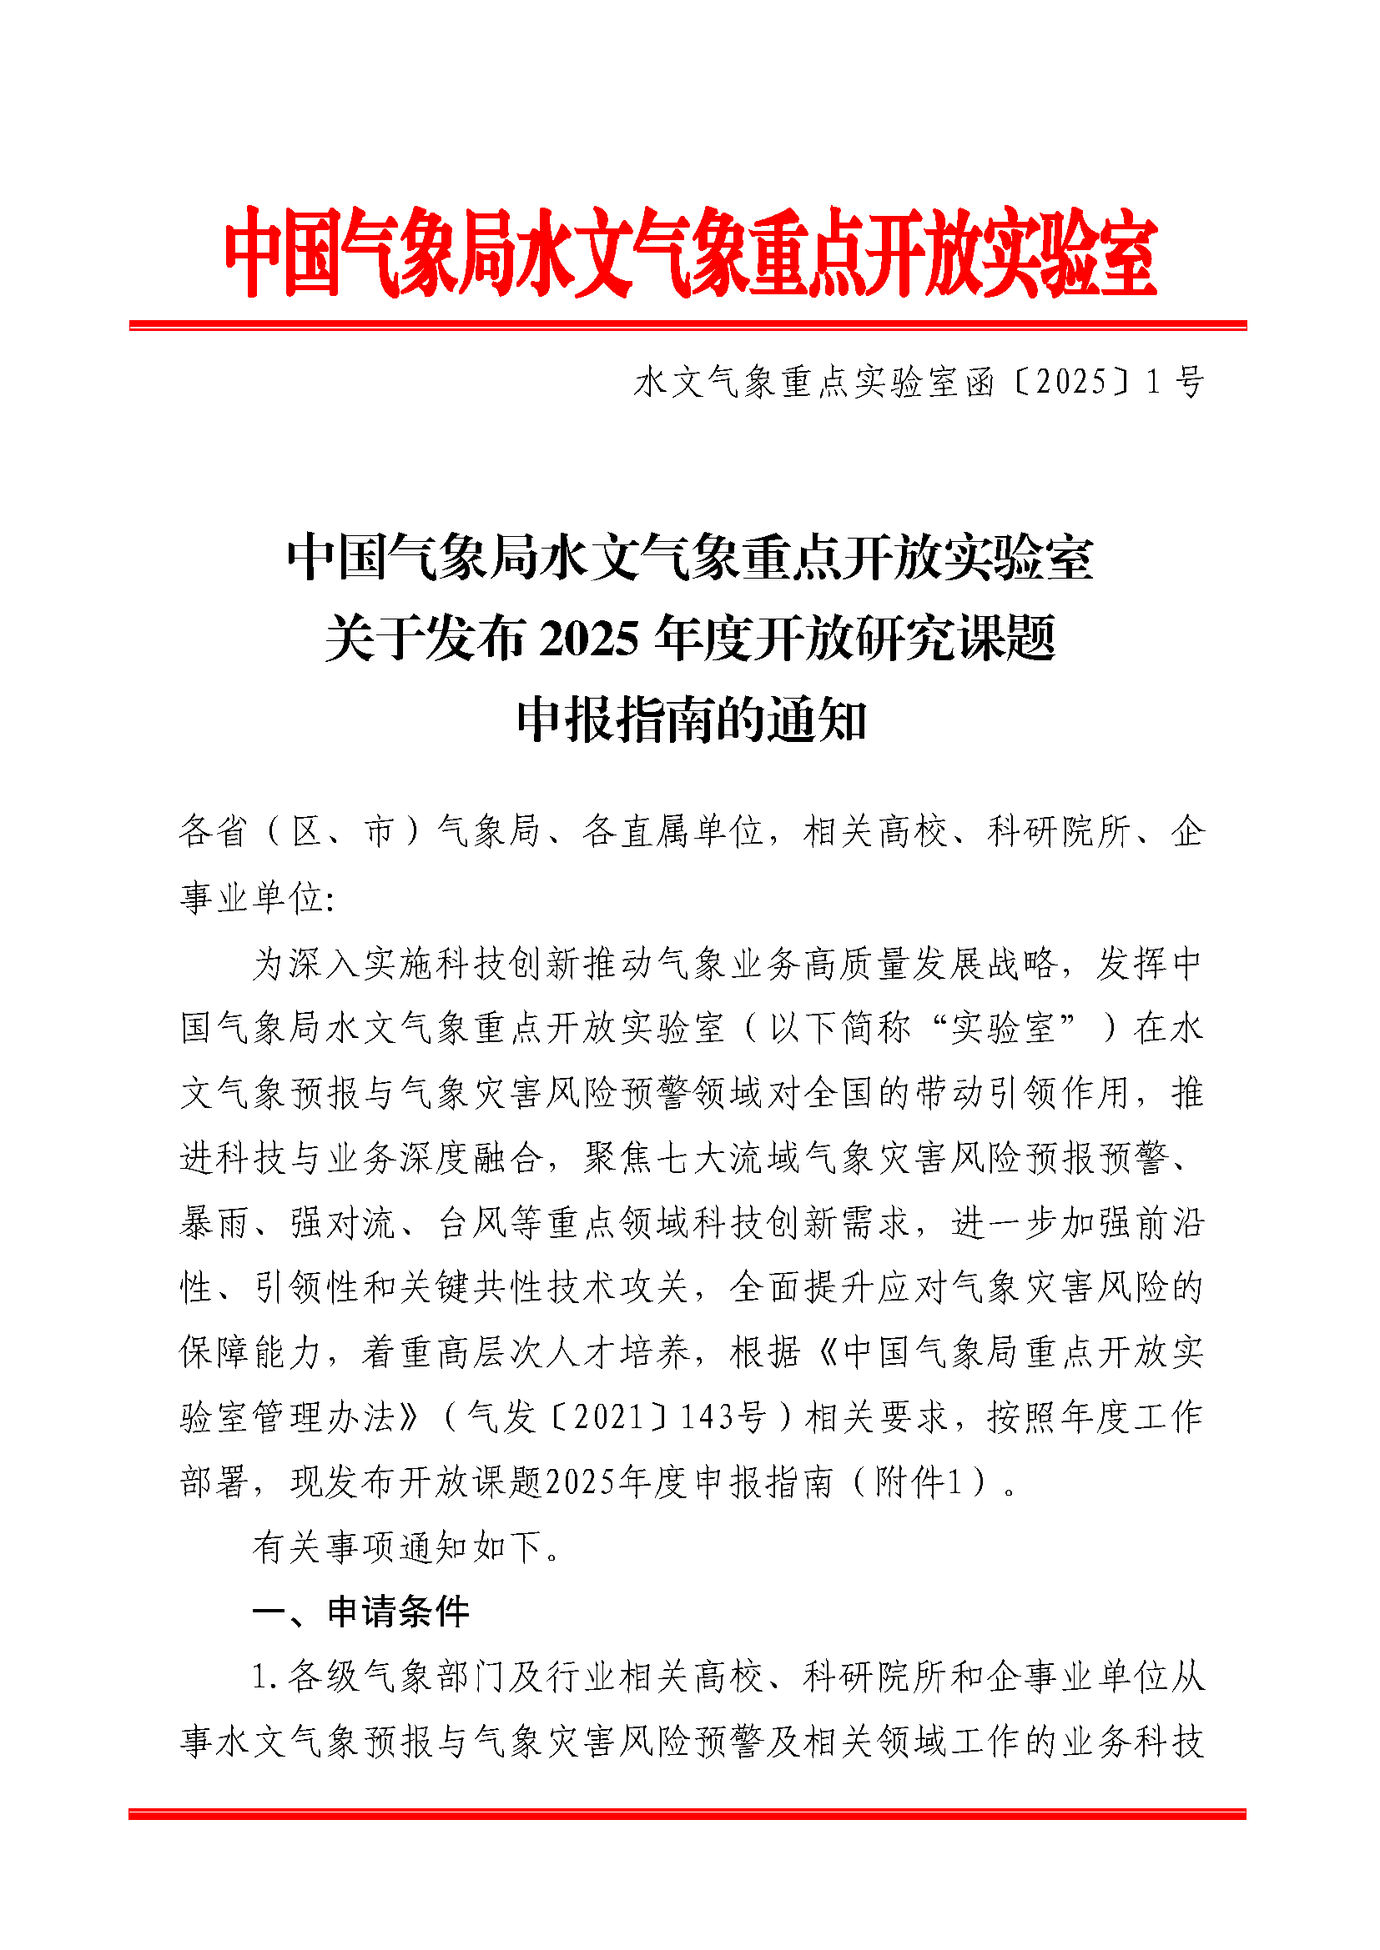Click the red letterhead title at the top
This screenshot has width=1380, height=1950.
(690, 253)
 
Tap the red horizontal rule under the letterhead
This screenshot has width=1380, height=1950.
(687, 325)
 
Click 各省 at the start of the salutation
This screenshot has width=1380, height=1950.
(213, 830)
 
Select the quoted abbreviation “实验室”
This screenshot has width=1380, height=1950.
(1004, 1029)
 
